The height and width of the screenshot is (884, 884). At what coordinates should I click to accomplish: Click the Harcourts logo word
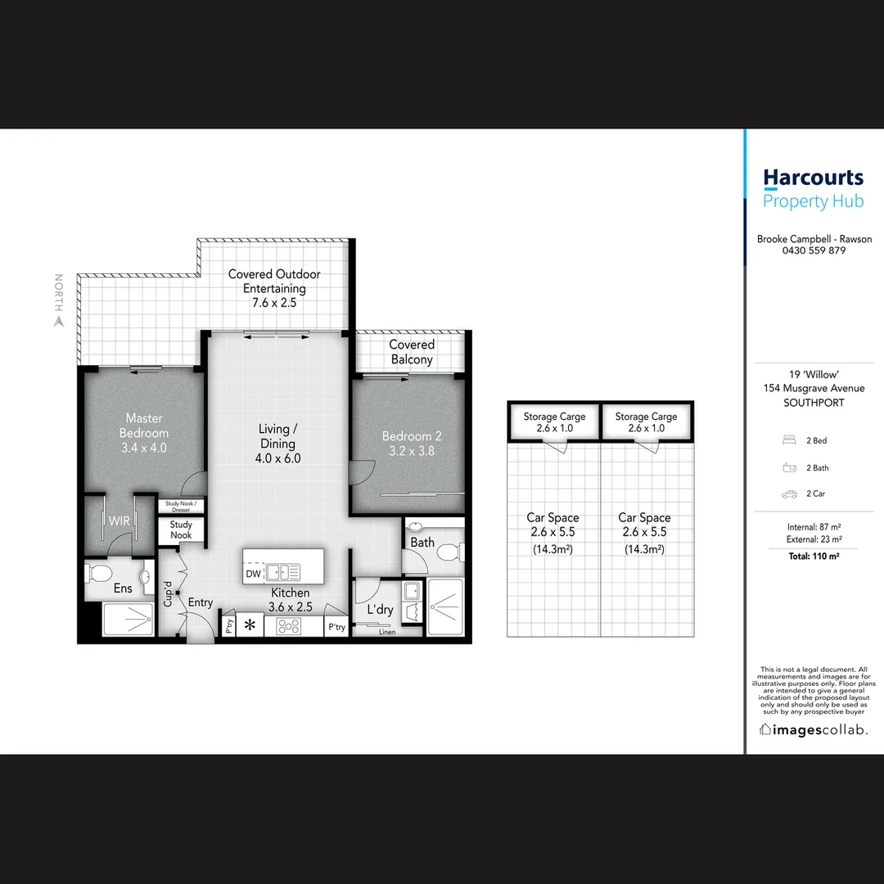(813, 178)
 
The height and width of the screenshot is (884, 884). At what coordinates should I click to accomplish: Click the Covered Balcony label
(411, 352)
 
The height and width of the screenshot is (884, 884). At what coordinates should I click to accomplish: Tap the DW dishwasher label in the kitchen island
(253, 575)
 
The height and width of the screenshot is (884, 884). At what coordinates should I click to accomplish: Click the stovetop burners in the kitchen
(288, 626)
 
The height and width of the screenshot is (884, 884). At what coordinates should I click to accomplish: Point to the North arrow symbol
(58, 322)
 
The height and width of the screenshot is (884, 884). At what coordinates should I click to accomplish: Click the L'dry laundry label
(380, 610)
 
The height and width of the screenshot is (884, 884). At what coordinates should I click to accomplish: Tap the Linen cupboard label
(387, 632)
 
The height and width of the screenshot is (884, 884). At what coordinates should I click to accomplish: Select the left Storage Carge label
(554, 417)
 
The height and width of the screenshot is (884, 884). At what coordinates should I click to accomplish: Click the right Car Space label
(644, 517)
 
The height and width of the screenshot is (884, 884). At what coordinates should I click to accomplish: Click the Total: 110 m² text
(813, 556)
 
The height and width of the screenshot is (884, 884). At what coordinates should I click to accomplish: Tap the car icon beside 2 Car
(789, 494)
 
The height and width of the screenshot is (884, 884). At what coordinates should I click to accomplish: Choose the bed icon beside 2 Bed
(789, 440)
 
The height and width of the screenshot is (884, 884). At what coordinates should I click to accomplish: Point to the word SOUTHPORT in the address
(813, 403)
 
